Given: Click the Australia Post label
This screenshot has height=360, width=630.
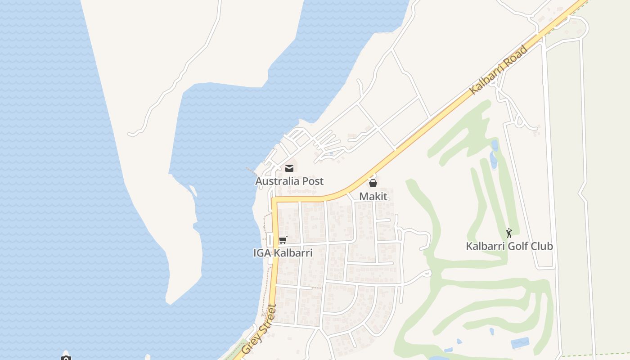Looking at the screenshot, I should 289,181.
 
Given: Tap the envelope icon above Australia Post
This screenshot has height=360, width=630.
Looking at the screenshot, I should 289,168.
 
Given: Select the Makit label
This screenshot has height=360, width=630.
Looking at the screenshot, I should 373,197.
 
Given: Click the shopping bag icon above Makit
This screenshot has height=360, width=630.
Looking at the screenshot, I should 373,183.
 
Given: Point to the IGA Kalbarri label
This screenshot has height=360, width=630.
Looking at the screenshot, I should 283,253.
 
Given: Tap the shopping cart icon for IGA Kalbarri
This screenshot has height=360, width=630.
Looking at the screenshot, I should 283,240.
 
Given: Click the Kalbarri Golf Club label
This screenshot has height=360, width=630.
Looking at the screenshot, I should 509,246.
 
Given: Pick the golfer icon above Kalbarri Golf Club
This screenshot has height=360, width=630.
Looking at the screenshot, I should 509,233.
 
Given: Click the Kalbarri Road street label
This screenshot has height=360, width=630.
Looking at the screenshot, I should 498,70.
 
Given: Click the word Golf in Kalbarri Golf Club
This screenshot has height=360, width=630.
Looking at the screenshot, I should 516,246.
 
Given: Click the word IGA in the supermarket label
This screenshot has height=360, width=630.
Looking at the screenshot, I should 262,253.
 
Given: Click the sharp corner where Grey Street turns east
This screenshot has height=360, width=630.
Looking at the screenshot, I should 274,198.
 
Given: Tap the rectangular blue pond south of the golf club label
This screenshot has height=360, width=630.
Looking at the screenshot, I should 520,343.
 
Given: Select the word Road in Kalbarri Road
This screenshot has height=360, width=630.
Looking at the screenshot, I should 515,56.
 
